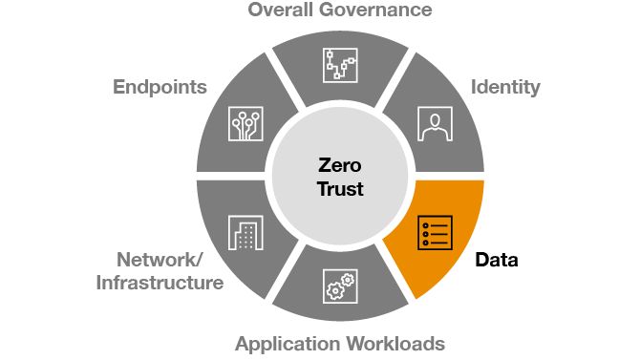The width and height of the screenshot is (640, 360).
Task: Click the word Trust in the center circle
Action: (x=339, y=188)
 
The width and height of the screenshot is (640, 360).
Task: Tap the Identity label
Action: (x=505, y=88)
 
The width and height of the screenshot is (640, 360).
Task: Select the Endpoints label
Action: (x=160, y=88)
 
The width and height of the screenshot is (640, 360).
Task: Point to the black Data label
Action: (x=497, y=260)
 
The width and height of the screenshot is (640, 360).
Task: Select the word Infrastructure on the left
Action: (x=160, y=283)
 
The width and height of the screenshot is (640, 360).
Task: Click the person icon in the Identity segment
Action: (x=436, y=122)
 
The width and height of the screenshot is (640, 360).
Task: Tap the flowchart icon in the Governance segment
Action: (x=339, y=66)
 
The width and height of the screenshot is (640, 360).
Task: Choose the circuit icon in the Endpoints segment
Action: (x=245, y=122)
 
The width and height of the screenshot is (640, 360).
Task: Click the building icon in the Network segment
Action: (x=245, y=233)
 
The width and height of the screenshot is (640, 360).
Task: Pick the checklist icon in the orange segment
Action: (x=436, y=233)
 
